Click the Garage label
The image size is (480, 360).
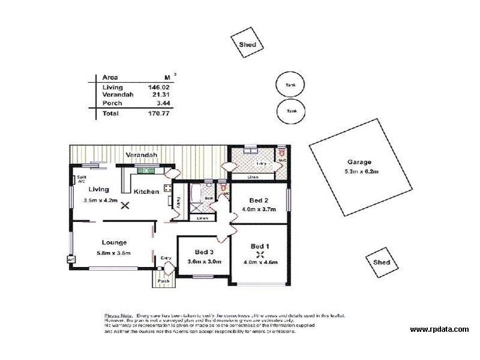point(359,162)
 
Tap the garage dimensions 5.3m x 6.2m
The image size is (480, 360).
point(359,172)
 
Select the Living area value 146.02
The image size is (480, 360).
point(156,87)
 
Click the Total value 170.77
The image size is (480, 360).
point(156,112)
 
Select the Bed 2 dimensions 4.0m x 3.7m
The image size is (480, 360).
point(259,209)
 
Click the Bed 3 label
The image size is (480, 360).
point(205,252)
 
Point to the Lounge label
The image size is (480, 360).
point(113,242)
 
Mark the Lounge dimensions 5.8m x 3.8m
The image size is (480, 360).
point(113,253)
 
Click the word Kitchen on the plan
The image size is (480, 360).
point(146,191)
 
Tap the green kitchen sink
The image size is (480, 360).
point(146,171)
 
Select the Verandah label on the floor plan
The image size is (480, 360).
point(141,155)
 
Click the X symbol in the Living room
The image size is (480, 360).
point(125,205)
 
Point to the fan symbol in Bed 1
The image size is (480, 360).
point(259,254)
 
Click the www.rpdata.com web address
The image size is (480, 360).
point(439,329)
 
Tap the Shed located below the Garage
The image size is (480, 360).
point(381,262)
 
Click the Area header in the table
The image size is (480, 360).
point(110,77)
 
